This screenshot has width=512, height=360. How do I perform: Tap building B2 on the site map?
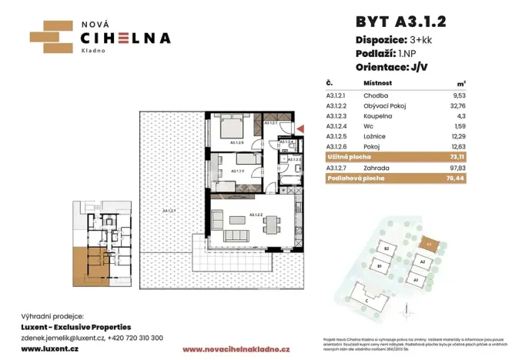point(388,251)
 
